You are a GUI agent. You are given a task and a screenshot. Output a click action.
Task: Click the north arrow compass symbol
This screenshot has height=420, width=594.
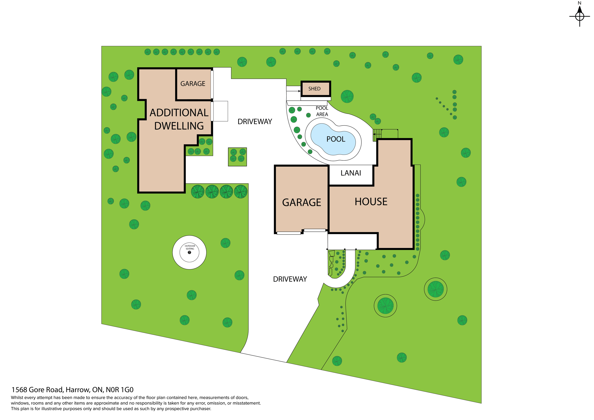579,16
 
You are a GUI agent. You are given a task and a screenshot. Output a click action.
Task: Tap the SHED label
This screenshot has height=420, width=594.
314,89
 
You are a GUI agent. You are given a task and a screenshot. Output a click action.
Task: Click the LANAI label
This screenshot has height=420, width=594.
351,173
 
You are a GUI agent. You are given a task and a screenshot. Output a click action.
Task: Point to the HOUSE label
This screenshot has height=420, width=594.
371,202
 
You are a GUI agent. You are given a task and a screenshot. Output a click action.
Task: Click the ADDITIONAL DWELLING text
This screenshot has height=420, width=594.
179,119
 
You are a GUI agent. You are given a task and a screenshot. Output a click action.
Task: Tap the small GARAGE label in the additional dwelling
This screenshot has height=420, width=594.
193,84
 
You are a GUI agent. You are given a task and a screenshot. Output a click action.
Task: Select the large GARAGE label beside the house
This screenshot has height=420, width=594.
301,202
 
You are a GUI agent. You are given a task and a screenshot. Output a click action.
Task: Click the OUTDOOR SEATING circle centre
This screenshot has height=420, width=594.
189,252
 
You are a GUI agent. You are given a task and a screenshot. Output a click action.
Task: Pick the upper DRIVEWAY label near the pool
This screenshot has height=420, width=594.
255,122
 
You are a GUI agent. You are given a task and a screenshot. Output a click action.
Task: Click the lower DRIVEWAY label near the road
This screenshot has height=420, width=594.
290,279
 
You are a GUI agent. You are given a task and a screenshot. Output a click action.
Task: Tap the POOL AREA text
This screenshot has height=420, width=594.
322,111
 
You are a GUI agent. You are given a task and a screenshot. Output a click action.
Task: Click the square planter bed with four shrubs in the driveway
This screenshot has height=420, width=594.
237,157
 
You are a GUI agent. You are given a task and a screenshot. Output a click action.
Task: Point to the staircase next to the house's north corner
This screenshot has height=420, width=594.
377,135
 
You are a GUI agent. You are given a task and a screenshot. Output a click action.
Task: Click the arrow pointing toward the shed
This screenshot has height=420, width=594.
294,91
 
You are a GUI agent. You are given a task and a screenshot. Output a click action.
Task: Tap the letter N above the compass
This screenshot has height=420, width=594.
579,3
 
